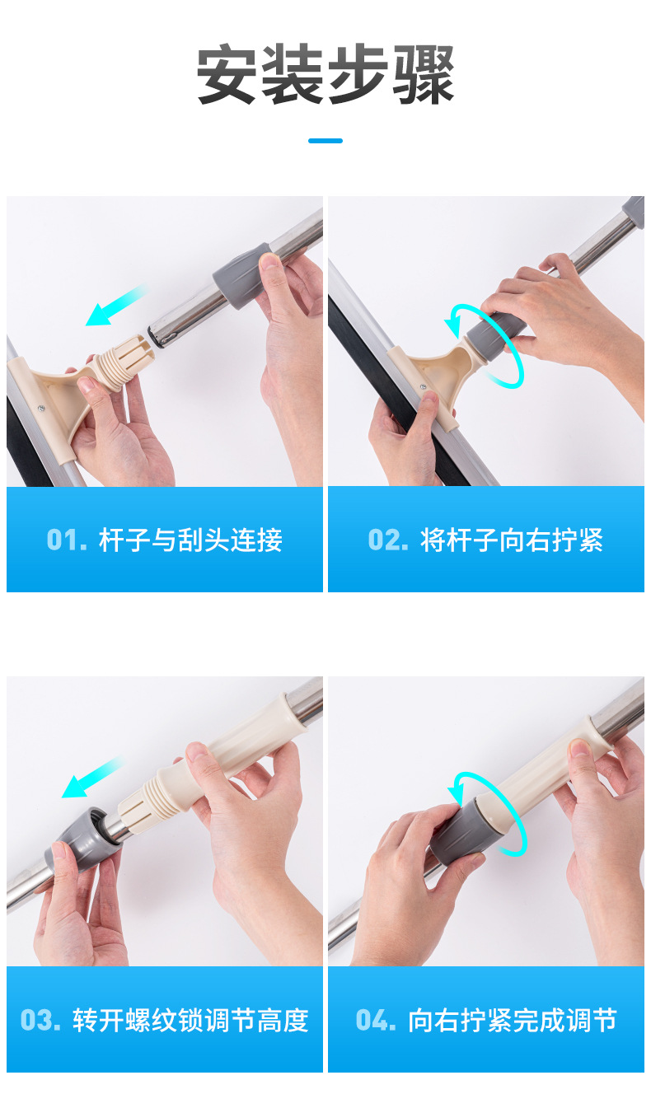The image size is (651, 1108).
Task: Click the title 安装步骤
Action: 325,75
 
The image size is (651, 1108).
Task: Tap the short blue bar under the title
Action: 325,141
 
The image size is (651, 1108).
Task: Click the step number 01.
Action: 66,540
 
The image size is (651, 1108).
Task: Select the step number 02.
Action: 387,540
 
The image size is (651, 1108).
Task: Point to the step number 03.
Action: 40,1021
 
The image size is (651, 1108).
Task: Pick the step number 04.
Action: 376,1021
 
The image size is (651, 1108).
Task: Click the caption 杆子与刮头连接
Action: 190,540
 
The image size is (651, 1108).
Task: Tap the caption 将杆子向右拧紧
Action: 512,540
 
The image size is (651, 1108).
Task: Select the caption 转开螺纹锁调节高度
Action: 190,1021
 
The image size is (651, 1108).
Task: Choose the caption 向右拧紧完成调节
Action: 512,1021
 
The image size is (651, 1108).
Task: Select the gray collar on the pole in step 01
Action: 239,276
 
